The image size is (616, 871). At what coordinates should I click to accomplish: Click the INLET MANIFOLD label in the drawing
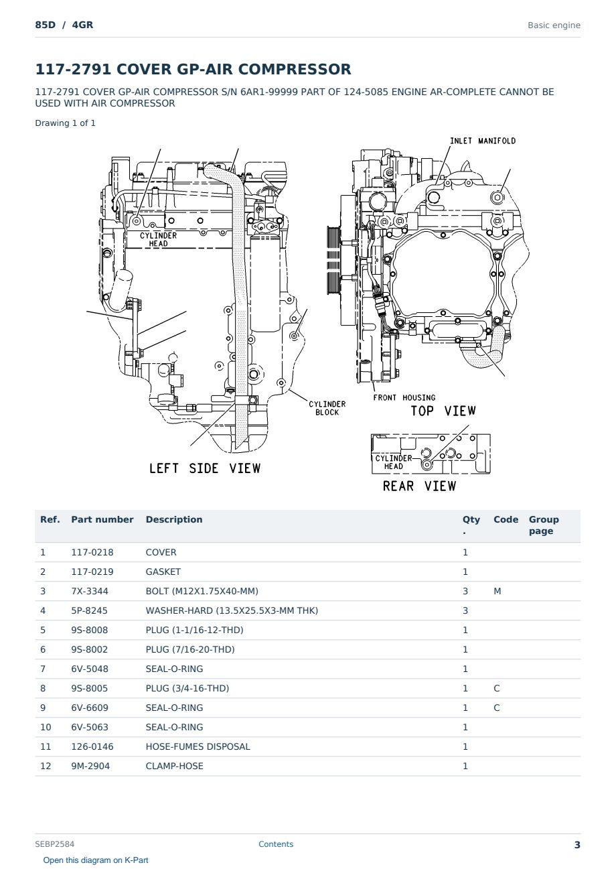pyautogui.click(x=483, y=141)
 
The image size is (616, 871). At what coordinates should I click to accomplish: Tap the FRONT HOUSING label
pyautogui.click(x=404, y=397)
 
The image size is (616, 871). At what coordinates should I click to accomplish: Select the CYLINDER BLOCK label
pyautogui.click(x=327, y=408)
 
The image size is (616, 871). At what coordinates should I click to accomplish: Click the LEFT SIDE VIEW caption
pyautogui.click(x=205, y=468)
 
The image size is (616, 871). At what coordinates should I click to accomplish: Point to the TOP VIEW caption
pyautogui.click(x=443, y=411)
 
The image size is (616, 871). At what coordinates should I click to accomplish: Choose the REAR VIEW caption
pyautogui.click(x=419, y=486)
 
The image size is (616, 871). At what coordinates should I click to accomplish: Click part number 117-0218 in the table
pyautogui.click(x=92, y=552)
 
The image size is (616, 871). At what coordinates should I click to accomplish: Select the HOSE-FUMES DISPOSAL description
pyautogui.click(x=198, y=746)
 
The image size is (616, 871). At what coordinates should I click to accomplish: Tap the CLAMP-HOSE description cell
pyautogui.click(x=175, y=766)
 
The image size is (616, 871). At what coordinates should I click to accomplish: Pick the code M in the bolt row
pyautogui.click(x=497, y=591)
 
